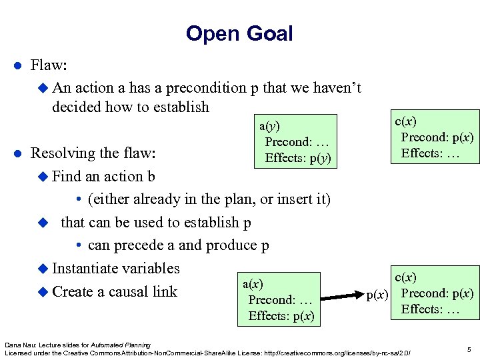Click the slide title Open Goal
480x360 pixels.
click(x=239, y=33)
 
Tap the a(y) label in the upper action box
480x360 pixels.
click(x=269, y=126)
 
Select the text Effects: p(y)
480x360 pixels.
click(x=297, y=158)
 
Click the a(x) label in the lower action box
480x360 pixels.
click(x=253, y=284)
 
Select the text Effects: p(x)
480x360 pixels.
click(x=281, y=316)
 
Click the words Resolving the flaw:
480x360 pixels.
click(x=93, y=153)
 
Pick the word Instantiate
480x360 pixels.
click(x=84, y=269)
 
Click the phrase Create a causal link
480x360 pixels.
click(x=115, y=291)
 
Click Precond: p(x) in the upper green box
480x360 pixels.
click(x=437, y=137)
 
